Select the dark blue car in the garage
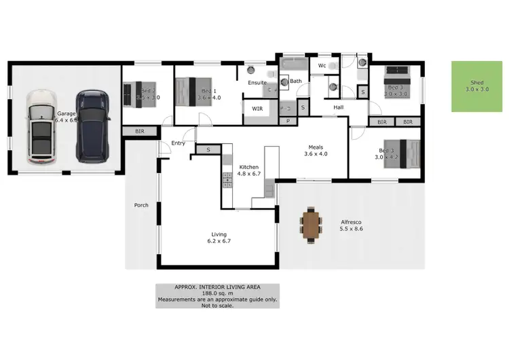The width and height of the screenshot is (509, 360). tap(93, 126)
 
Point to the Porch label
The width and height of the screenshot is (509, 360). tap(141, 204)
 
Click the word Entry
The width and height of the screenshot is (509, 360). tap(178, 143)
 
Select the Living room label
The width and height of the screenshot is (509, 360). tap(218, 234)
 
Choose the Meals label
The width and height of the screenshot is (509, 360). tap(316, 147)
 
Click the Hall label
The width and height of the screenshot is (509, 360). tap(340, 107)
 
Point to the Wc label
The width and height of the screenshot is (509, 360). tap(322, 65)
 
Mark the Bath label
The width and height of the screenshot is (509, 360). tap(296, 82)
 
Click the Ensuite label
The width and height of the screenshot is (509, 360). tap(257, 83)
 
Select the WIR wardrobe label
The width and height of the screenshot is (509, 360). tap(257, 108)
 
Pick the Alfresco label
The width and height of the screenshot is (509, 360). tap(352, 222)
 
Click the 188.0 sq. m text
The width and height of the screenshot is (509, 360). tap(217, 293)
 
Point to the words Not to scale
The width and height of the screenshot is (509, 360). tap(217, 306)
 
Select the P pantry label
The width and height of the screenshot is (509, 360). tap(288, 121)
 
